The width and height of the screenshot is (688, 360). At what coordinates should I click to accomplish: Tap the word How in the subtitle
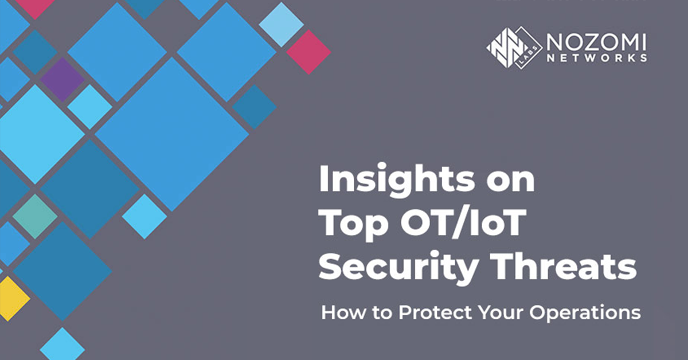click(x=339, y=313)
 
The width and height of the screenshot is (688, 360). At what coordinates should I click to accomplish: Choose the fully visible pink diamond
click(x=308, y=52)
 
